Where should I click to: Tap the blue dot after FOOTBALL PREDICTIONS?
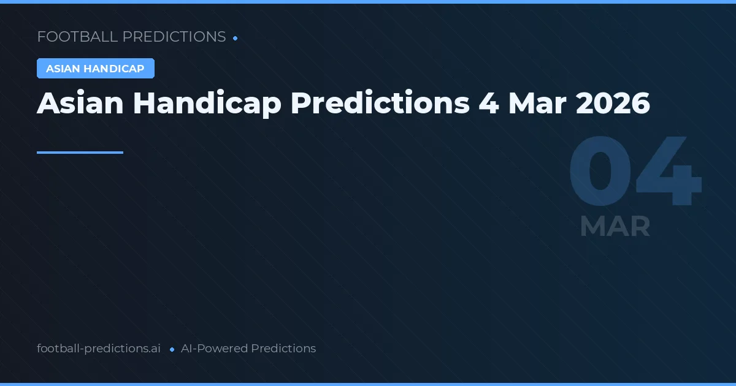[x=235, y=38]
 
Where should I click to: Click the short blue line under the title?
[x=80, y=153]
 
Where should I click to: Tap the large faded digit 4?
[x=669, y=172]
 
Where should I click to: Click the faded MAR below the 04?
[x=615, y=227]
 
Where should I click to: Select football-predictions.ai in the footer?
[x=99, y=349]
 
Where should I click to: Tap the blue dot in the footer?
[x=172, y=349]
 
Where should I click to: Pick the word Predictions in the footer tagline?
[x=283, y=349]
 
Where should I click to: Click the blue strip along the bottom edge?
[x=368, y=384]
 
